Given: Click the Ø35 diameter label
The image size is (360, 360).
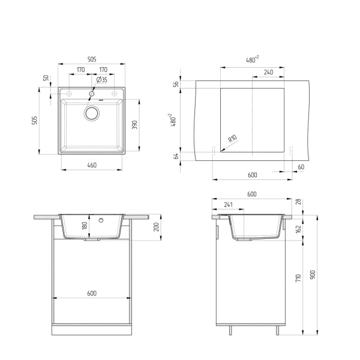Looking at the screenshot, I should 102,80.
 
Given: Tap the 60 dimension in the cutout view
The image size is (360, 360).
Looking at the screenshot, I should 301,166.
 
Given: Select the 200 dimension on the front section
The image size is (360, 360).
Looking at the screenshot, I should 157,226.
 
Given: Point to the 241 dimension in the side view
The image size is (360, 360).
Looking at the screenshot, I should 228,204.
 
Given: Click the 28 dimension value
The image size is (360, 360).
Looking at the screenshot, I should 298,202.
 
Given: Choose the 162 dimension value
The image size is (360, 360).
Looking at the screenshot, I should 298,229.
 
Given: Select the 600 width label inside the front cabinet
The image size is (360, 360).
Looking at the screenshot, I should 92,293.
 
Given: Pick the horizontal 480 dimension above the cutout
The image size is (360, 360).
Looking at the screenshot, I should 251,59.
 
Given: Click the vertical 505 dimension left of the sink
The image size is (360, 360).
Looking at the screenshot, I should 35,123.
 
